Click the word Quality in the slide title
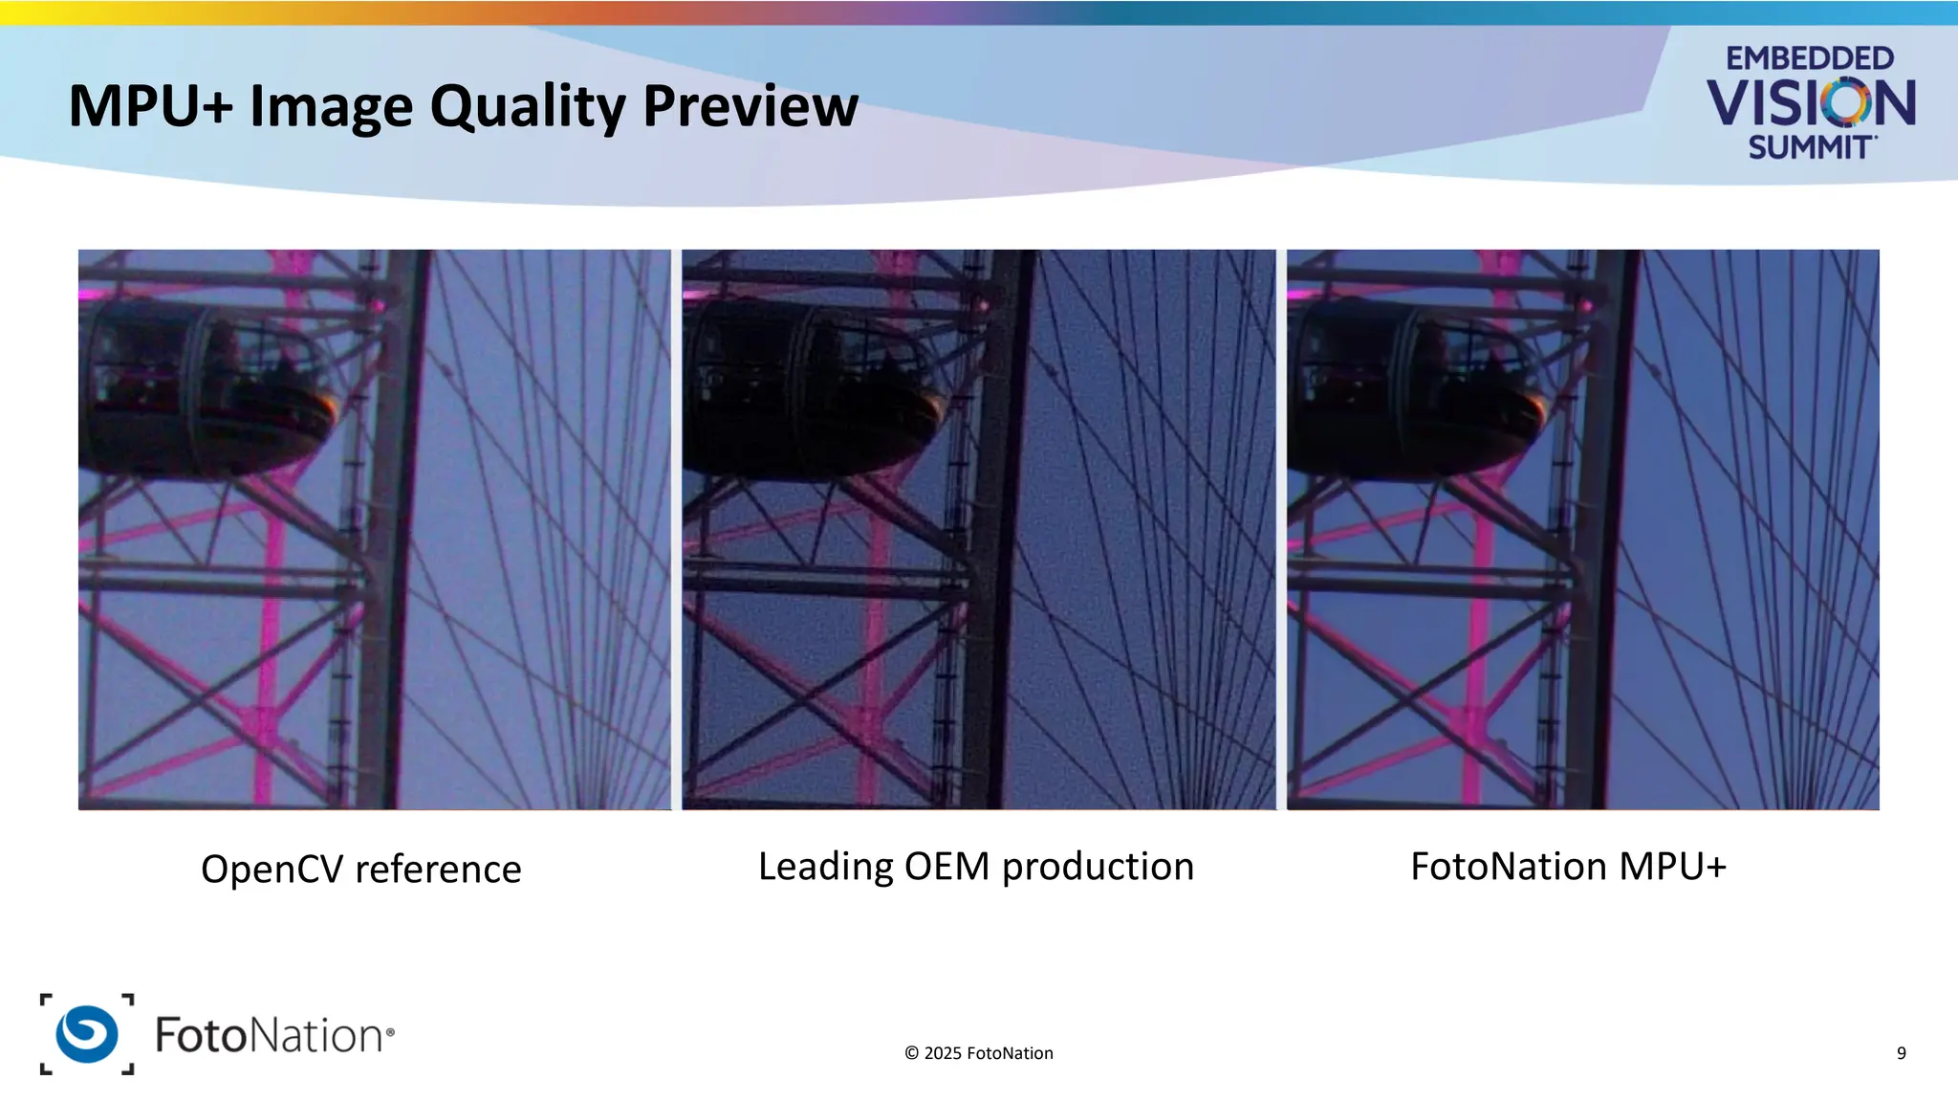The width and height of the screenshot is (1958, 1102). point(527,106)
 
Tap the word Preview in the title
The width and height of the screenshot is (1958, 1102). point(751,106)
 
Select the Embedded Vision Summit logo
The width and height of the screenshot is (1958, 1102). point(1810,101)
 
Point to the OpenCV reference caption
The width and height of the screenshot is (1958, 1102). point(360,870)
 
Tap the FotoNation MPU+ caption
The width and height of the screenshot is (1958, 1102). point(1568,867)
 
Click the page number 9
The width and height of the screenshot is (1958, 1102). point(1901,1053)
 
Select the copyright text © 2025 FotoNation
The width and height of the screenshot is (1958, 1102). point(978,1053)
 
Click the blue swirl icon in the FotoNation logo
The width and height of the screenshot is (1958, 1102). point(87,1034)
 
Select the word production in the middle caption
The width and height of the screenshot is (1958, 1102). point(1098,867)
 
